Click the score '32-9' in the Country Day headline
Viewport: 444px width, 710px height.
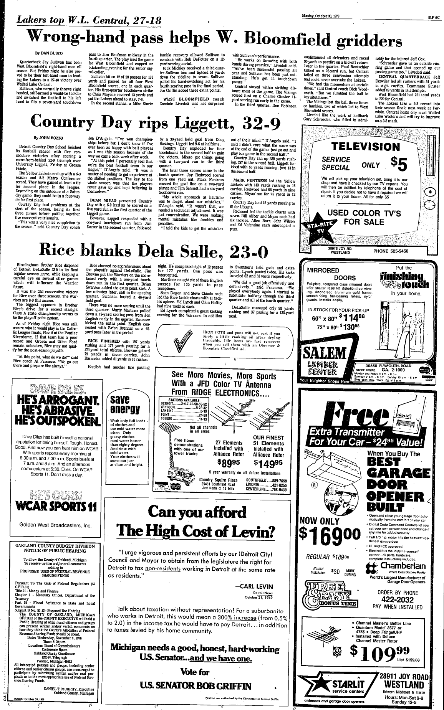point(260,121)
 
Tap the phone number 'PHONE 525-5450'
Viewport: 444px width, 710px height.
point(391,251)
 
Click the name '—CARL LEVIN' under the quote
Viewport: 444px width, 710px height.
point(254,586)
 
